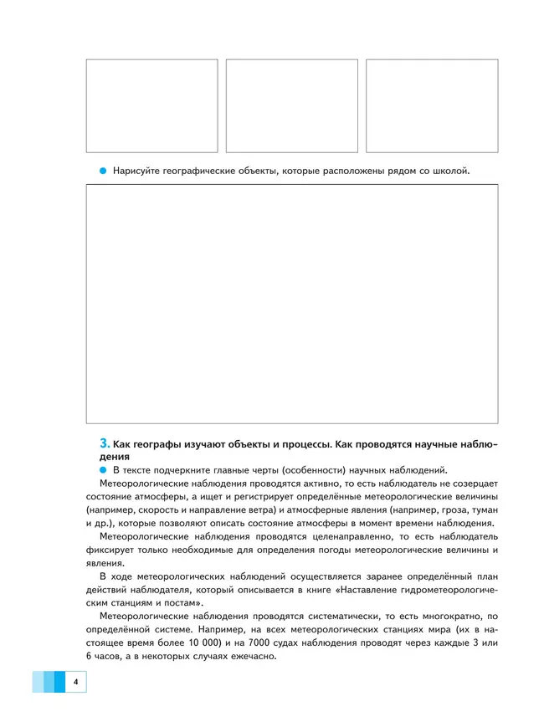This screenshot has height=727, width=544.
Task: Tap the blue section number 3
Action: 104,442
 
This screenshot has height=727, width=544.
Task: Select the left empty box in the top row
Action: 151,105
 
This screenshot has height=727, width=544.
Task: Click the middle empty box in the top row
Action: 291,105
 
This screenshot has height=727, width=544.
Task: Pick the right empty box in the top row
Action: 432,105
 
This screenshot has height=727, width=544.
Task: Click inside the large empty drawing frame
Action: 291,304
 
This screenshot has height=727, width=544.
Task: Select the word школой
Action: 450,171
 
